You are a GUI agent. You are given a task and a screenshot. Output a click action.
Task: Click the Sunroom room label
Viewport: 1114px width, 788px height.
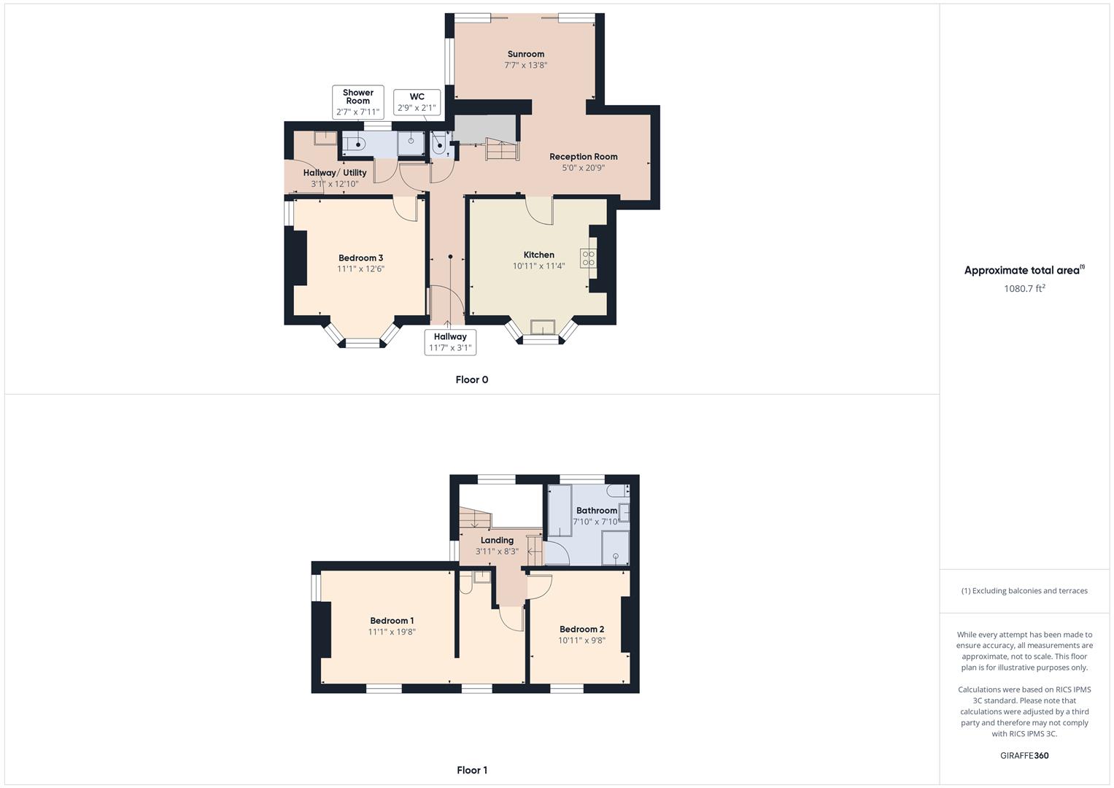[525, 54]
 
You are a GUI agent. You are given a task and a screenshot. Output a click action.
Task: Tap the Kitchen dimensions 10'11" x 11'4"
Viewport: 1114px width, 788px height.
[538, 266]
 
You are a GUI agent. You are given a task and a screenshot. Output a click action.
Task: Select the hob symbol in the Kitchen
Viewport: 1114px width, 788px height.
[588, 258]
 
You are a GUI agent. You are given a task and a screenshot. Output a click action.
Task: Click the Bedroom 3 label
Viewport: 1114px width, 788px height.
[360, 258]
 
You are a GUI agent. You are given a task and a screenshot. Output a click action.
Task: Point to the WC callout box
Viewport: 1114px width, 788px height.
[417, 102]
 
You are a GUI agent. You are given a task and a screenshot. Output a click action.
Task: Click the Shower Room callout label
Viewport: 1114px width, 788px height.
[357, 102]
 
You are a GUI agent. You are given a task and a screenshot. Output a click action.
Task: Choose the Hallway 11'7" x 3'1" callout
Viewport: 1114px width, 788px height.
[450, 342]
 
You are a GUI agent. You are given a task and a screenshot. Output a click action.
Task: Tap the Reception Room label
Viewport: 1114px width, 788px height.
[583, 156]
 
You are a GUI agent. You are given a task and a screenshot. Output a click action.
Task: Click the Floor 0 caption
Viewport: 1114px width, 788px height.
[471, 379]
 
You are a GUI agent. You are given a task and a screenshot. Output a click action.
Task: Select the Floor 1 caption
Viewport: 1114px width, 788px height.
[471, 770]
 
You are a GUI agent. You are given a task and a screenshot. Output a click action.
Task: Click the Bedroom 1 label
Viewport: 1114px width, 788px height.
[392, 621]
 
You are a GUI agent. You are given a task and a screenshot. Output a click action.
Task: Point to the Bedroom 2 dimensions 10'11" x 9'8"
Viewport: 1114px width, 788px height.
[581, 641]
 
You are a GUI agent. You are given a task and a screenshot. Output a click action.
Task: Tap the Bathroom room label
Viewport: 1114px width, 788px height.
[596, 511]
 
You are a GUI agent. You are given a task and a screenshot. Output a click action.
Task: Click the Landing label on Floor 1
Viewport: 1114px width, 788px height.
[497, 541]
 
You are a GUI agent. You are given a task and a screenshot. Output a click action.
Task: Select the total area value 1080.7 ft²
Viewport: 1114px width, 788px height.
[1024, 288]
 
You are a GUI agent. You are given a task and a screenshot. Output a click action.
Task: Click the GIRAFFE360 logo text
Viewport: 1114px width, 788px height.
[1024, 755]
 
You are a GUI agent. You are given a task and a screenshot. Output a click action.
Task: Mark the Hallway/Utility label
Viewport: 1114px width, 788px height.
[335, 173]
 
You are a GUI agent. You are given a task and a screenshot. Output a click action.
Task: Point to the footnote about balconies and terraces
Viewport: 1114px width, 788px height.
[1024, 591]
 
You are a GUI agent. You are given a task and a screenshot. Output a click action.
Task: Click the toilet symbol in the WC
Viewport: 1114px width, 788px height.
[439, 145]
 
